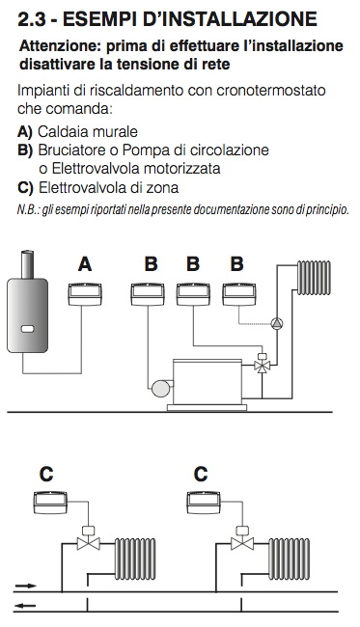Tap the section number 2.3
pyautogui.click(x=32, y=18)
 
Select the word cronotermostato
pyautogui.click(x=271, y=91)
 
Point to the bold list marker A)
pyautogui.click(x=25, y=132)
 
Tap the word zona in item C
pyautogui.click(x=162, y=187)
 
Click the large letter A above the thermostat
pyautogui.click(x=85, y=264)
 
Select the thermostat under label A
pyautogui.click(x=85, y=294)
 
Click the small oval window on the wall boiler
pyautogui.click(x=28, y=329)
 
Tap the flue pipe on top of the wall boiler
pyautogui.click(x=27, y=264)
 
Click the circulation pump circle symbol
pyautogui.click(x=276, y=323)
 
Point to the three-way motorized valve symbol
pyautogui.click(x=263, y=363)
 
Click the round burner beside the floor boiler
pyautogui.click(x=160, y=387)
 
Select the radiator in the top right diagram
pyautogui.click(x=314, y=278)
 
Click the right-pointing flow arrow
pyautogui.click(x=26, y=586)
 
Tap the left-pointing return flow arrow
pyautogui.click(x=26, y=606)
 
